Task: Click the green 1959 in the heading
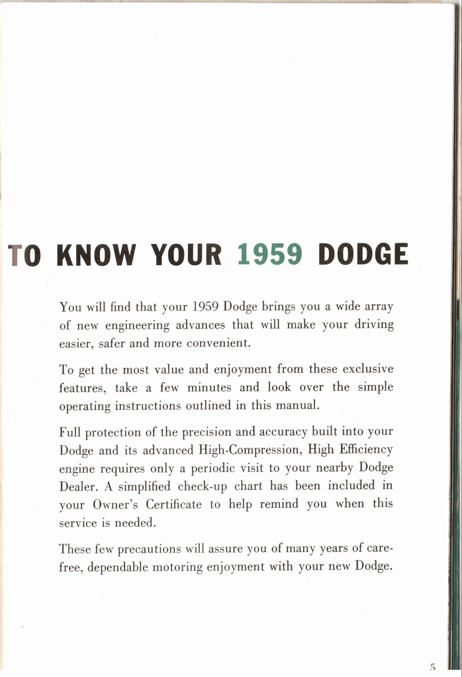point(269,255)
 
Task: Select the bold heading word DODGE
point(363,255)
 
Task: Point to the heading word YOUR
point(186,255)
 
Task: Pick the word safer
point(113,344)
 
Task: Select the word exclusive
point(367,368)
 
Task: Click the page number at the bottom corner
point(432,667)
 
